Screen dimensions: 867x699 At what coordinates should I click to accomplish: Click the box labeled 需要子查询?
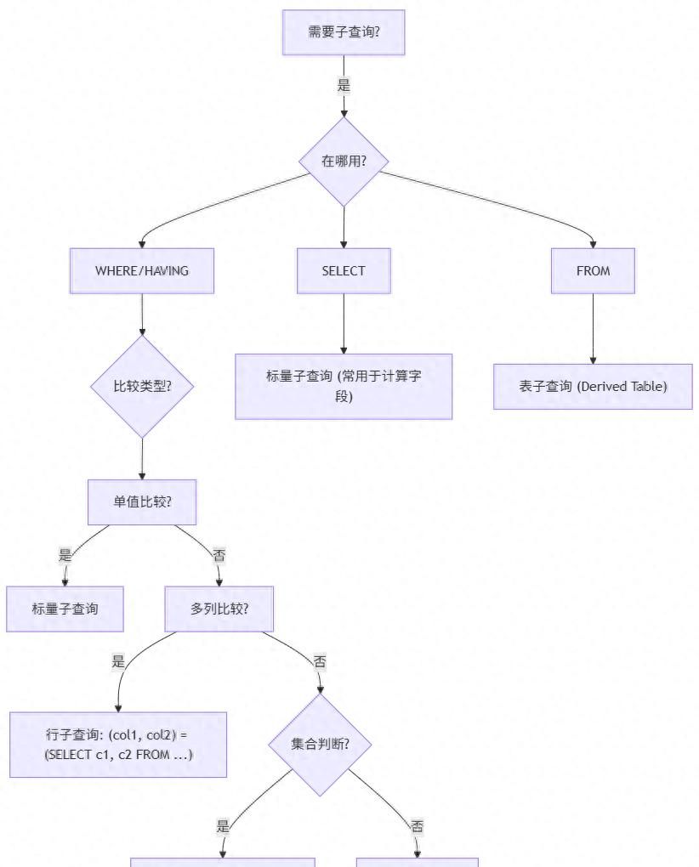pyautogui.click(x=344, y=32)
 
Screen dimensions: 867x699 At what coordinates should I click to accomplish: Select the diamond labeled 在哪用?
pyautogui.click(x=344, y=161)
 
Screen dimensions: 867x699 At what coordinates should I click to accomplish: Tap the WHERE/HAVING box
pyautogui.click(x=142, y=270)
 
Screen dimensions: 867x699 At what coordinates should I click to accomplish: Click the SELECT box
pyautogui.click(x=344, y=270)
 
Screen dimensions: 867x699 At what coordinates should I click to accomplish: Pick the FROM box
pyautogui.click(x=593, y=270)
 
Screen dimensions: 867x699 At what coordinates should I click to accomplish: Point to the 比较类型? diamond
pyautogui.click(x=142, y=386)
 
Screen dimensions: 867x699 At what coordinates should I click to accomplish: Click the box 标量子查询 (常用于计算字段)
pyautogui.click(x=344, y=386)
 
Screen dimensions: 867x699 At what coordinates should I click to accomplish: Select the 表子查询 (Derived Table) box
pyautogui.click(x=593, y=386)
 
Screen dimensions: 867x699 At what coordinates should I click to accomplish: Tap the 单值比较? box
pyautogui.click(x=142, y=501)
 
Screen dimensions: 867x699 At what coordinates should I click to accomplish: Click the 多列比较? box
pyautogui.click(x=219, y=609)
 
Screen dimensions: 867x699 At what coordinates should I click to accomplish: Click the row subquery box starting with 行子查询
pyautogui.click(x=118, y=745)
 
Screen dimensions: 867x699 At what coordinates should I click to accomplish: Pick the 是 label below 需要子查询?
pyautogui.click(x=344, y=85)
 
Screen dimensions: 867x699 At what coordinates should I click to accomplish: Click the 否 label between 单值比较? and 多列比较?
pyautogui.click(x=219, y=556)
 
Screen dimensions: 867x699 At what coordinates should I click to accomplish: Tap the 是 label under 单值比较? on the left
pyautogui.click(x=65, y=556)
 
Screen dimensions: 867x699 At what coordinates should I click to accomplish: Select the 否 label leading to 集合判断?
pyautogui.click(x=320, y=661)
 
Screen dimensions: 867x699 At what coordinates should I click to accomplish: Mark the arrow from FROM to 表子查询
pyautogui.click(x=593, y=328)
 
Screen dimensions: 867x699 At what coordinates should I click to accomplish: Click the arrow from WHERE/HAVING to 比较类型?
pyautogui.click(x=142, y=314)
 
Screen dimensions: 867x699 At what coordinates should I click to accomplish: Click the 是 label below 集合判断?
pyautogui.click(x=224, y=826)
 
